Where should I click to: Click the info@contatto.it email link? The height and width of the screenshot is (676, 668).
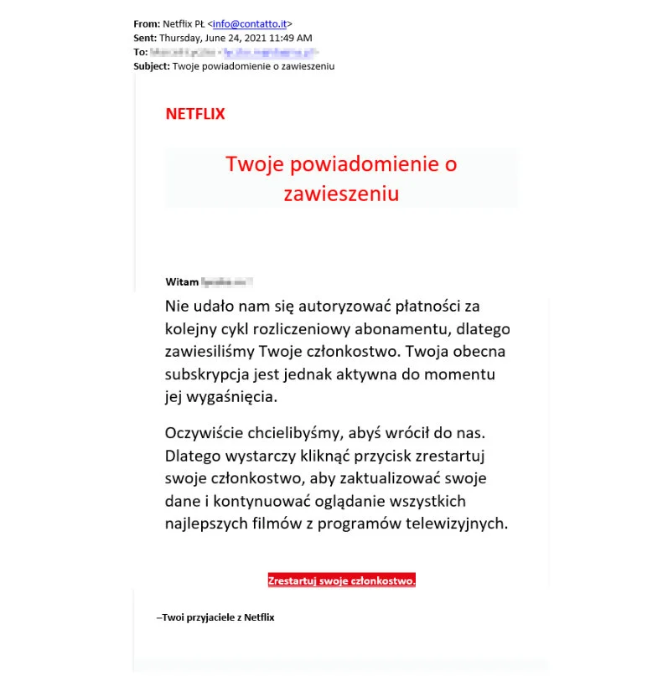pyautogui.click(x=251, y=23)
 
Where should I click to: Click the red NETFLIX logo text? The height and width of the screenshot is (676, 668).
pyautogui.click(x=195, y=114)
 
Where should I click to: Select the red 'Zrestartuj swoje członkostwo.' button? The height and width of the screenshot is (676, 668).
pyautogui.click(x=342, y=581)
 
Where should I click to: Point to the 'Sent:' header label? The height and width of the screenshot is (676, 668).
pyautogui.click(x=145, y=38)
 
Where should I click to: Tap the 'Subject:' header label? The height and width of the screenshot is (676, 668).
pyautogui.click(x=152, y=66)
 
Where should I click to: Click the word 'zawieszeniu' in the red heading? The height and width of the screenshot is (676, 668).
pyautogui.click(x=340, y=194)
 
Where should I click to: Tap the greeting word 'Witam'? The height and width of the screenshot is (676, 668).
pyautogui.click(x=182, y=281)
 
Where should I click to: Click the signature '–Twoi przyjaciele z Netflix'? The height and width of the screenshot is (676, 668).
pyautogui.click(x=215, y=617)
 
